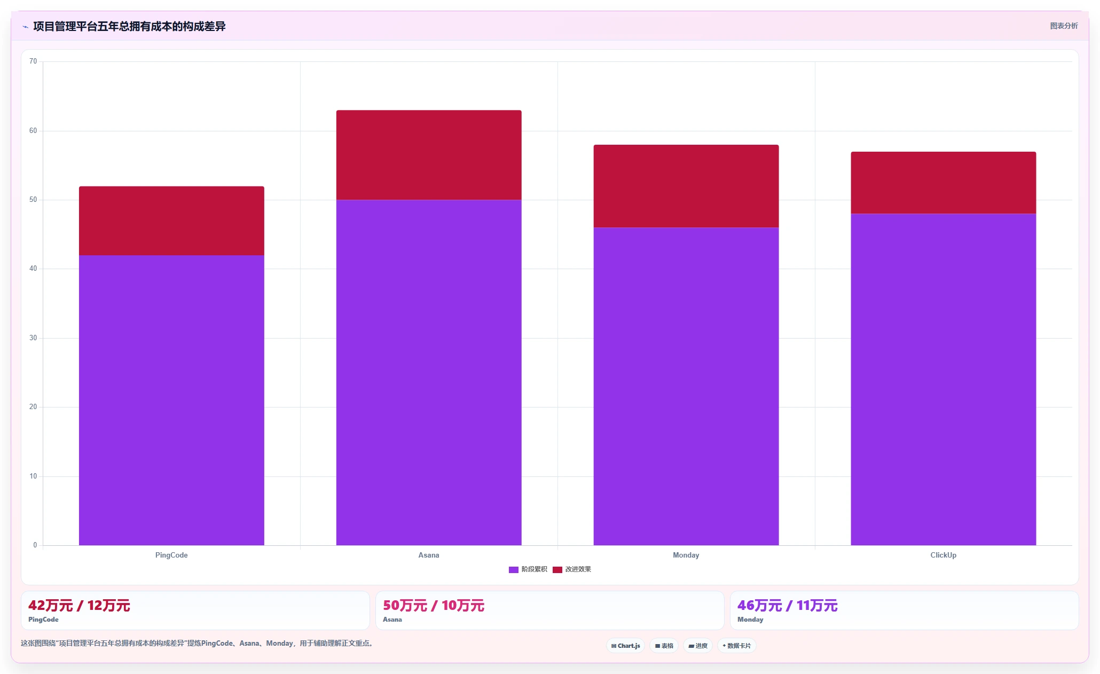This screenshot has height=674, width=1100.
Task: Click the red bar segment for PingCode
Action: tap(171, 221)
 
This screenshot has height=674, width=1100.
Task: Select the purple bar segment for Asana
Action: tap(429, 373)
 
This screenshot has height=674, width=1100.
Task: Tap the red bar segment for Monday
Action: tap(686, 186)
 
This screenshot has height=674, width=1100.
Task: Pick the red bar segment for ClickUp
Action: tap(944, 183)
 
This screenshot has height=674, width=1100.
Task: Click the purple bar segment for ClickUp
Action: tap(944, 380)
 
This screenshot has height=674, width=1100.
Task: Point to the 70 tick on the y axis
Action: tap(33, 61)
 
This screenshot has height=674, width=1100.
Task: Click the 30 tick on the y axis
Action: tap(33, 338)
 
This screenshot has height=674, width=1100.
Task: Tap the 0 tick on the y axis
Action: tap(35, 545)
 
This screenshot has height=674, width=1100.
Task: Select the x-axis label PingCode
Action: tap(171, 555)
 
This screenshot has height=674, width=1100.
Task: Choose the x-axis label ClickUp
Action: tap(944, 555)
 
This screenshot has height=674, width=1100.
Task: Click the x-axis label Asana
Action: tap(429, 555)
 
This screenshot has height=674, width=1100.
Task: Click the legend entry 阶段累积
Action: tap(528, 569)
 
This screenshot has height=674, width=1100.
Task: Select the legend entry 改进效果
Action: tap(572, 569)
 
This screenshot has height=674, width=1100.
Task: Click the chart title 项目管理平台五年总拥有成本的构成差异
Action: tap(129, 26)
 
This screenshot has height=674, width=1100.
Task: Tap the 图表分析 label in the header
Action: tap(1064, 26)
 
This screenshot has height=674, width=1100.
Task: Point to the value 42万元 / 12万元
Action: tap(79, 606)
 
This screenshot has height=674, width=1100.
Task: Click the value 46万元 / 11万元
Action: tap(788, 606)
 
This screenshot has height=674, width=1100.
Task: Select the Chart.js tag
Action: tap(626, 646)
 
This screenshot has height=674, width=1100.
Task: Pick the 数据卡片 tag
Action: tap(737, 646)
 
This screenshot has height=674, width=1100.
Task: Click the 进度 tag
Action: tap(698, 646)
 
